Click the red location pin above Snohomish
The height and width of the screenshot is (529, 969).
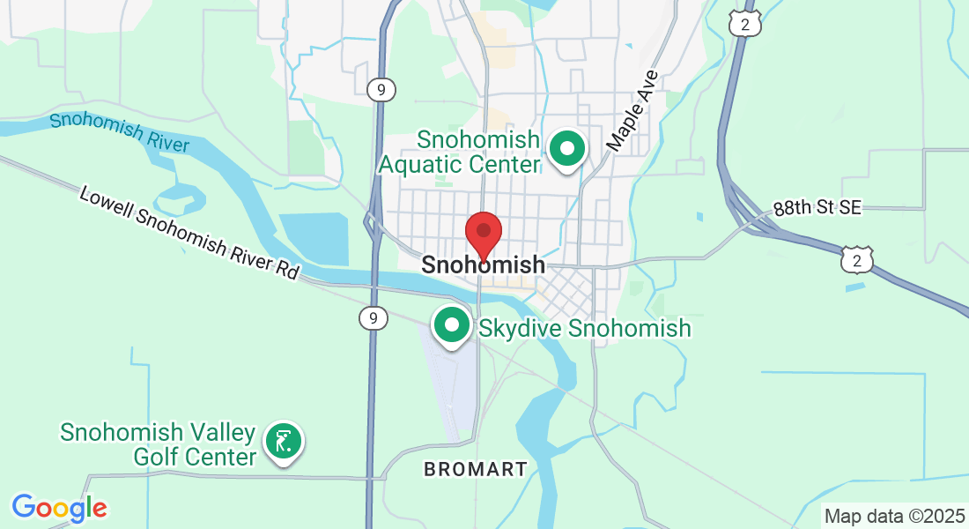coord(484,233)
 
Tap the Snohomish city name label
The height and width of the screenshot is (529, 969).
coord(483,264)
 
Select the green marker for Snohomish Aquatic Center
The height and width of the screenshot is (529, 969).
coord(568,149)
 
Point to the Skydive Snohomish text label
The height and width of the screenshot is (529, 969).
coord(585,329)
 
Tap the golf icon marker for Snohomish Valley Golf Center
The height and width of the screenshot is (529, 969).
coord(283,440)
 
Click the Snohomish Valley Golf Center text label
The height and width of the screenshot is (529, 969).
coord(159,444)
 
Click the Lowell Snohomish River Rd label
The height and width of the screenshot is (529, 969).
coord(189,232)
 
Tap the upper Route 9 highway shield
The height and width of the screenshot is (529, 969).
coord(381,89)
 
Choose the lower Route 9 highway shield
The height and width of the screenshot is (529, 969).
coord(374,317)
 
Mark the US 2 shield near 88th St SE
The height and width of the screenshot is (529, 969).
coord(857,258)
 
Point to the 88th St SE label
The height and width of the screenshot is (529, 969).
coord(817,208)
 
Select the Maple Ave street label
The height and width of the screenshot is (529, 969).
coord(632,111)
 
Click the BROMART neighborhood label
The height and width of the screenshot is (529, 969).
coord(476,469)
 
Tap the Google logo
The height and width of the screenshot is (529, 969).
coord(59,508)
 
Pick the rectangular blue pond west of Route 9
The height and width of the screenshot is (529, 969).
coord(317,237)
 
